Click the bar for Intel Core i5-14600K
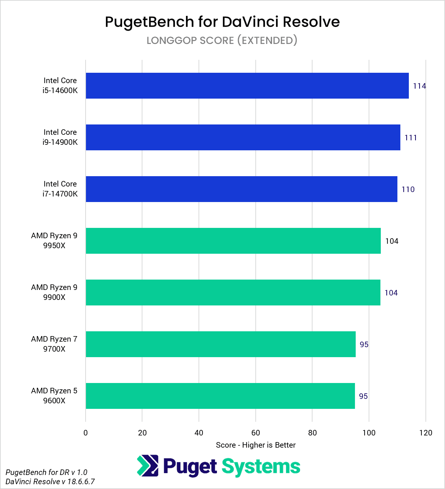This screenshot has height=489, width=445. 247,86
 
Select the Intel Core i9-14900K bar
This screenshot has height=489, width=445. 243,137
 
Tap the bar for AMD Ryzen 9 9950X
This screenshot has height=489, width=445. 233,241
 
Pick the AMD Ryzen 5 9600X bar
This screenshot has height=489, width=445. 220,396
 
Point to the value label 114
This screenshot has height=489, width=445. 419,86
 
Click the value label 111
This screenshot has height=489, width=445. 411,138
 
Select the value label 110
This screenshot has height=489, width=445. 408,189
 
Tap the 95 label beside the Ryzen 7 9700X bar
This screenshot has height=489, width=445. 364,345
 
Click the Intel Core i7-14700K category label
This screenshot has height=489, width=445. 60,189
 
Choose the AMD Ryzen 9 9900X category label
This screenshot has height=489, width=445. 54,292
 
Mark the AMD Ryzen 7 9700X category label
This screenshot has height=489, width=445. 54,344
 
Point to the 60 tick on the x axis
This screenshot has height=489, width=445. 256,433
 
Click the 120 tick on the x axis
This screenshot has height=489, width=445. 425,433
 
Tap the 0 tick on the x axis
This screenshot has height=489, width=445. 86,433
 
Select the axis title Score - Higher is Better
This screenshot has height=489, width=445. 256,445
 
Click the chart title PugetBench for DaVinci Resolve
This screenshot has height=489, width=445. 222,22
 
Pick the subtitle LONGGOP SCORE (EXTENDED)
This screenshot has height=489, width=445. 222,40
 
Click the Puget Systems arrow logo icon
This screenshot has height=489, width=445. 148,466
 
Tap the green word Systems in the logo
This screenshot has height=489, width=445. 261,467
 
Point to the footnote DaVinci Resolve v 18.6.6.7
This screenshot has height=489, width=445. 50,482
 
